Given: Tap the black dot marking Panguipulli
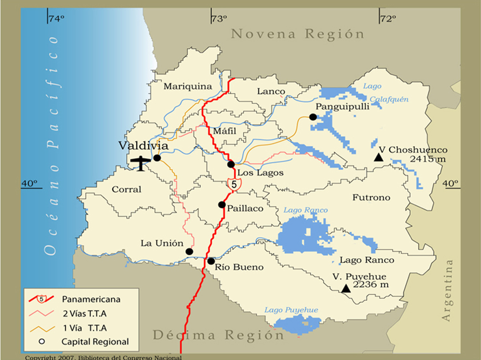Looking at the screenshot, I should pos(313,117).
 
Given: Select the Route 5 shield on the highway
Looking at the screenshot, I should pos(233,183).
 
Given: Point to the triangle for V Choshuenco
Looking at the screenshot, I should pos(379,158).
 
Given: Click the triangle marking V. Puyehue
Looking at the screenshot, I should pos(346,289).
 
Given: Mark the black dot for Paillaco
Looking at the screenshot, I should pos(222,205).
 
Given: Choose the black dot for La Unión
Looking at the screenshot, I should pos(189,252).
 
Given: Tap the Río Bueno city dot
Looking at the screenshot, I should pos(211,261).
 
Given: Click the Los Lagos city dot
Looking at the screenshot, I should pos(231,164).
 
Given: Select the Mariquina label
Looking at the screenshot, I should pos(188,86).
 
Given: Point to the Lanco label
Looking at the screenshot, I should pos(271,92).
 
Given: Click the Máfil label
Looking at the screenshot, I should pos(225,131).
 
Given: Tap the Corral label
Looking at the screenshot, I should pos(126,190).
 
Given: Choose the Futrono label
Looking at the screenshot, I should pos(371,198).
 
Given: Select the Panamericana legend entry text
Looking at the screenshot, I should pos(91,299).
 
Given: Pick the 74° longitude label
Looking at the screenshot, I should pos(56,19).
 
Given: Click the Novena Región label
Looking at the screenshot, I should pos(298,34).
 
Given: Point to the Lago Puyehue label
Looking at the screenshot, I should pos(291,310).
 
